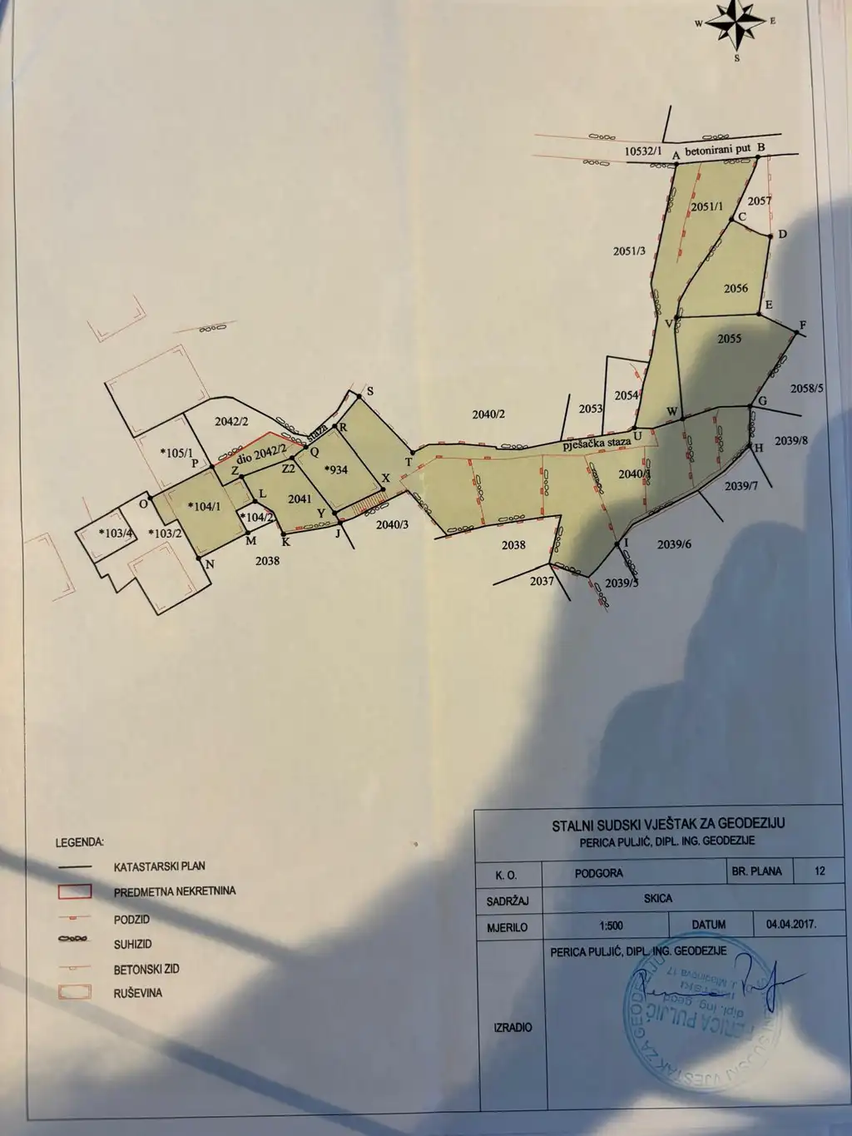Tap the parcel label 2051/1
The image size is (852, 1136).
[707, 207]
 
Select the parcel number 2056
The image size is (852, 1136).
[736, 289]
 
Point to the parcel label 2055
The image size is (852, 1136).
[729, 339]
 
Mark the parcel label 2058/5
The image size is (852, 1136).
[806, 388]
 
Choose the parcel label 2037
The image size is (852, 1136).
[542, 581]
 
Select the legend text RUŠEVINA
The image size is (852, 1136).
[138, 994]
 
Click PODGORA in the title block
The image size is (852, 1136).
[598, 874]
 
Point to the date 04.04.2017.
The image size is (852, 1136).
[784, 924]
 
